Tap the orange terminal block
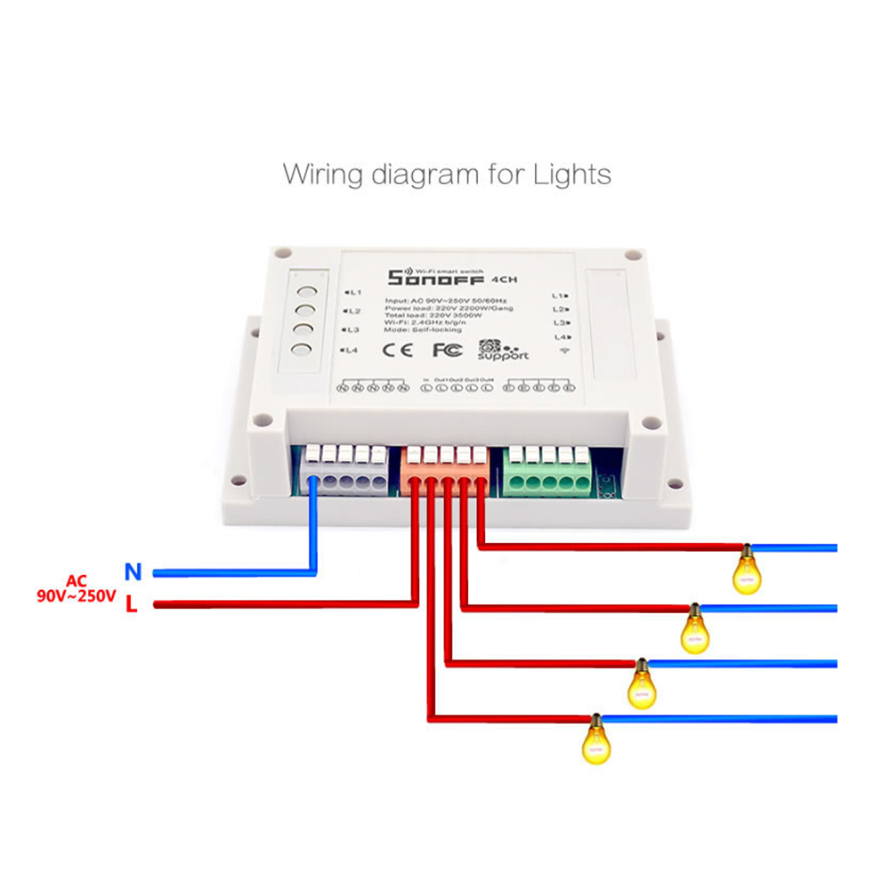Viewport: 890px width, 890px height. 445,468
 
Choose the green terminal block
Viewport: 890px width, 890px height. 546,468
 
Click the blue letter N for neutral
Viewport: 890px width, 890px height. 133,571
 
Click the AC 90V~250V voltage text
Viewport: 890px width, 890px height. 76,588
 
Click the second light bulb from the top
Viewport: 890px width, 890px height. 694,629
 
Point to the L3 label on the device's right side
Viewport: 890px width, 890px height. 560,322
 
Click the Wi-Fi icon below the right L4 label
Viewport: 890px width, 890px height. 562,352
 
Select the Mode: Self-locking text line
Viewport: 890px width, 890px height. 423,329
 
